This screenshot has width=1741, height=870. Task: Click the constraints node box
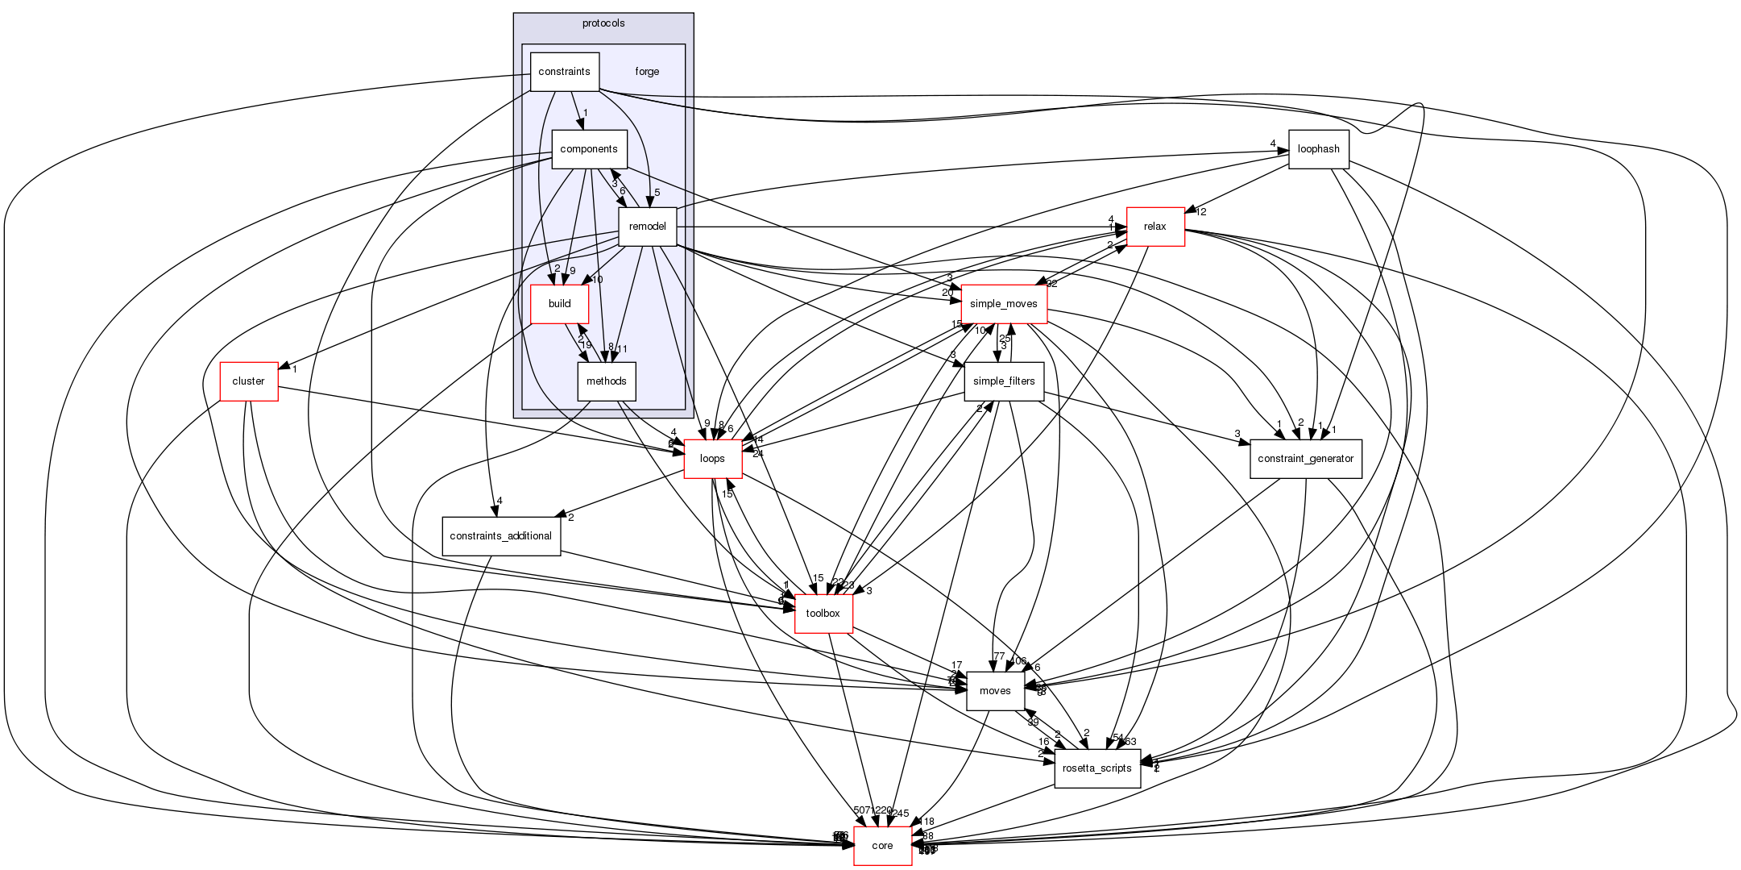564,72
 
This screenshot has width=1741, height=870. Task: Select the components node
589,149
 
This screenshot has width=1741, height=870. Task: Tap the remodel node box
647,227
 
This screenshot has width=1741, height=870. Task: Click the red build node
559,304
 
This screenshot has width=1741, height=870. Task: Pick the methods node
607,381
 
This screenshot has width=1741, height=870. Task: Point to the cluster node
248,381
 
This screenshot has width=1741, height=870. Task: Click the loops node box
712,459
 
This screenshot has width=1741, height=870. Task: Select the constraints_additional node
500,536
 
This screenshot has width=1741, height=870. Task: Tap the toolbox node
823,614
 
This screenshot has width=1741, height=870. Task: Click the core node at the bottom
882,846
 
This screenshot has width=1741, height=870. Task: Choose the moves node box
995,691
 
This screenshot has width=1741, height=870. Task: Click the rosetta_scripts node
1096,768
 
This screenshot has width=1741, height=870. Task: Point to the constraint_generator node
1305,459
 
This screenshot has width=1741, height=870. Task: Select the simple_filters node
1004,381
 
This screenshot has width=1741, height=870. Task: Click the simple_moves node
1004,304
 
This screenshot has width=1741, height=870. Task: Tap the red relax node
1154,227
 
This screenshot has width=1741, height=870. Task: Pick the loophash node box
1318,149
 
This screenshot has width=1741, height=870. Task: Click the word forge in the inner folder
647,72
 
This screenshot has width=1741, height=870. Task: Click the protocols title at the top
603,23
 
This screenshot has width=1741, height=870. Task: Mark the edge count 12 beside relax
1200,212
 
